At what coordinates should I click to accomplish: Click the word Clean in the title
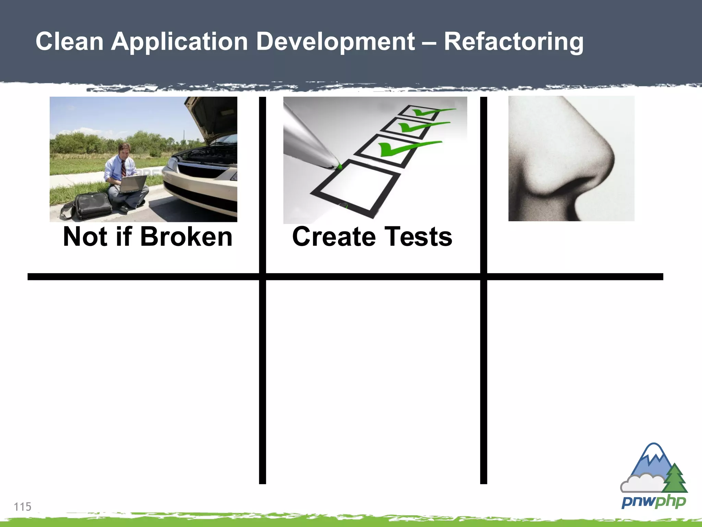(x=70, y=42)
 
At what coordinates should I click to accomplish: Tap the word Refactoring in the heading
(x=513, y=42)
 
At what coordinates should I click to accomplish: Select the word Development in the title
(x=335, y=42)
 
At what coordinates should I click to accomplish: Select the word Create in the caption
(x=334, y=237)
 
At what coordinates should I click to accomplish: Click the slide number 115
(x=23, y=506)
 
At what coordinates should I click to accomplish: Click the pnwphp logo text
(x=653, y=502)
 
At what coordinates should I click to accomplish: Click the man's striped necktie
(x=123, y=168)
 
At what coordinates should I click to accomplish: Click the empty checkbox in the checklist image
(x=356, y=187)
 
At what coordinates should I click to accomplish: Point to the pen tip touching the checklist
(x=338, y=167)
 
